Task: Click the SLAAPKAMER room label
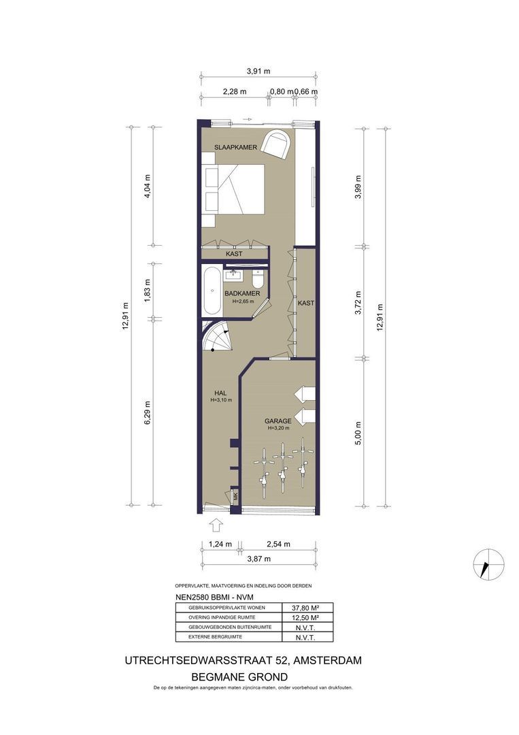click(x=235, y=147)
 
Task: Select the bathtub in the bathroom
click(x=213, y=291)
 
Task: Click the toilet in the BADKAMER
click(x=258, y=280)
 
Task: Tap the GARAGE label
click(x=278, y=421)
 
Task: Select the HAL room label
click(x=220, y=393)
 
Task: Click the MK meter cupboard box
click(x=235, y=495)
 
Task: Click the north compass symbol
click(x=489, y=564)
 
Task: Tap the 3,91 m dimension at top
click(x=258, y=71)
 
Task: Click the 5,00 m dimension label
click(x=358, y=433)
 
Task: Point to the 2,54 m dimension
click(x=278, y=544)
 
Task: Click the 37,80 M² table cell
click(x=307, y=608)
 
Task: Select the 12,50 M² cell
click(x=307, y=617)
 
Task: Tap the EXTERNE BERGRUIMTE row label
click(x=215, y=637)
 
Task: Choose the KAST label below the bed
click(x=234, y=254)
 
